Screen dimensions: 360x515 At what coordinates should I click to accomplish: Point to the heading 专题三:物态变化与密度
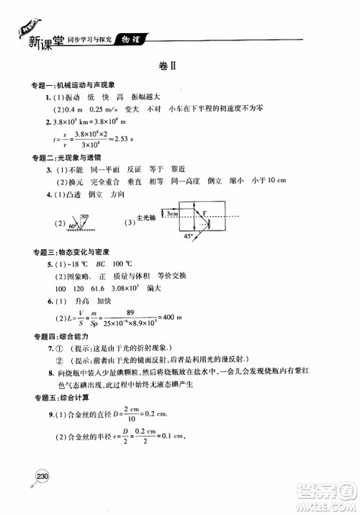[71, 252]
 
